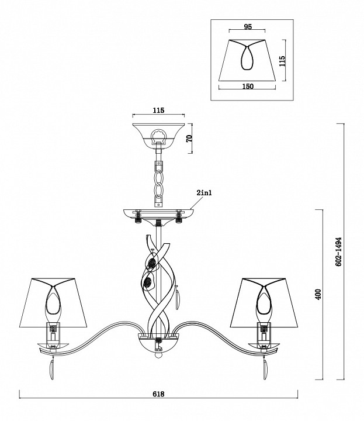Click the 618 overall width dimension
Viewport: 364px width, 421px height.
click(x=158, y=394)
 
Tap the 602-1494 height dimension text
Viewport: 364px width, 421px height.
click(x=339, y=251)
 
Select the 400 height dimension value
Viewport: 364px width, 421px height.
click(x=318, y=295)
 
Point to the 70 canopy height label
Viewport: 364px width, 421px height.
click(x=189, y=139)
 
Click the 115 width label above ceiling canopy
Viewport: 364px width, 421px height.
click(x=158, y=111)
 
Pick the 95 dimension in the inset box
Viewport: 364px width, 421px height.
click(x=248, y=27)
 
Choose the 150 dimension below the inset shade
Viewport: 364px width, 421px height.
click(x=248, y=87)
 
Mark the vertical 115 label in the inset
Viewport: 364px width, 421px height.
click(x=282, y=61)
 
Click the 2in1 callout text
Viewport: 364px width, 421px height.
click(x=204, y=192)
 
